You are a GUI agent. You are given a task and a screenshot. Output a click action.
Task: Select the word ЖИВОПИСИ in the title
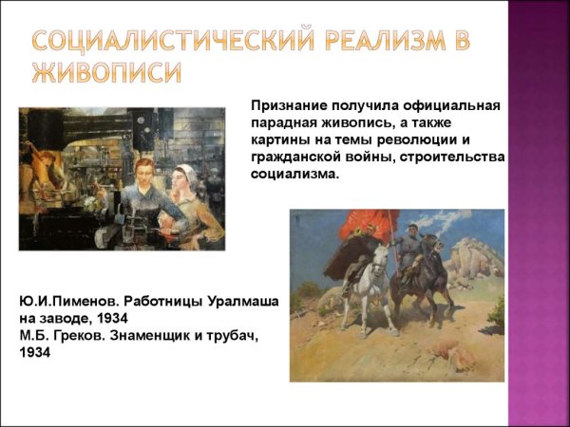(105, 74)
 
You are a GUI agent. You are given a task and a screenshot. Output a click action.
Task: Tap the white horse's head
(382, 254)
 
